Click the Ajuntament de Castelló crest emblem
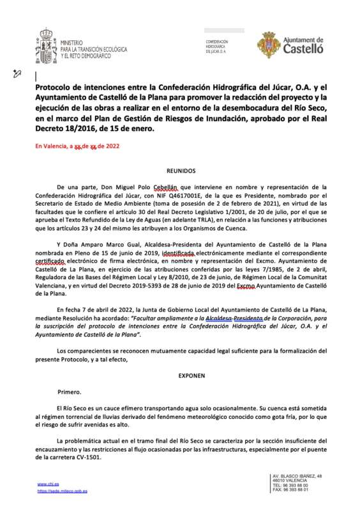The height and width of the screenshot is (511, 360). click(x=268, y=44)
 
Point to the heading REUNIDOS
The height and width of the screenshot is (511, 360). click(x=181, y=171)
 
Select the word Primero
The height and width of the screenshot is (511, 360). click(x=70, y=392)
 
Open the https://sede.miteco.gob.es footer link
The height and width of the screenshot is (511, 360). click(x=62, y=491)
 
